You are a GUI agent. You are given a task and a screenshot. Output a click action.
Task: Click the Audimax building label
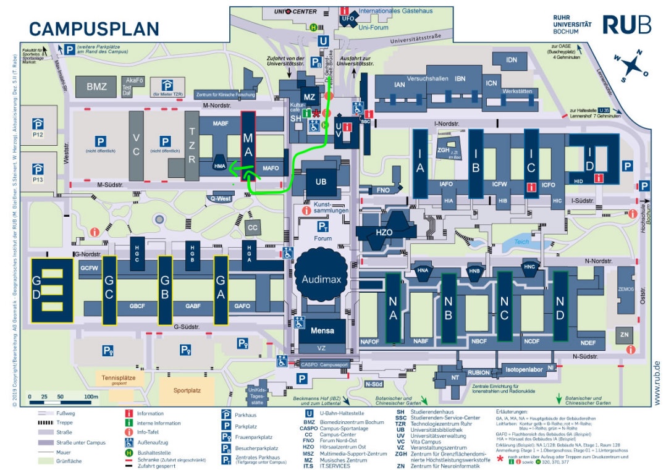321,279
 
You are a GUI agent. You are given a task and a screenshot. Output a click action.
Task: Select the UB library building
321,182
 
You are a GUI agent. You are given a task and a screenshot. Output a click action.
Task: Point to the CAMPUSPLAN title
95,28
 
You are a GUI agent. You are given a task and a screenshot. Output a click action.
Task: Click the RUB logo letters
626,25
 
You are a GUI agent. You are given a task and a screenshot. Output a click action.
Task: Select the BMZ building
96,86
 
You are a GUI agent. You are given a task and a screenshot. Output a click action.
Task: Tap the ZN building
625,335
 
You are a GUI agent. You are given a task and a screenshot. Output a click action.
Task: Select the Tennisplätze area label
119,377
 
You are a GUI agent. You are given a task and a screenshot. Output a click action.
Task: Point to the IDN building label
511,60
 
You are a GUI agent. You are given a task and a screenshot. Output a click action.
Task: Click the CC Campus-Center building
252,227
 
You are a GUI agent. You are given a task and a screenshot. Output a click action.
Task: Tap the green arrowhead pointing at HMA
234,166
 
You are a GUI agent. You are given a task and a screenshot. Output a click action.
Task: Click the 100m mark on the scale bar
91,397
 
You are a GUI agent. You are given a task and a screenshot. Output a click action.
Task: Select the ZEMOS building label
626,289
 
